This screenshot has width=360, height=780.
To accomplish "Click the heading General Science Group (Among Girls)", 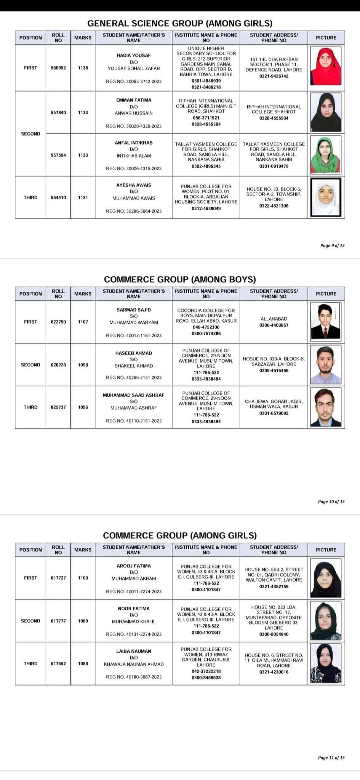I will [180, 23].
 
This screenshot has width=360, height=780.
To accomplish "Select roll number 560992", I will [58, 68].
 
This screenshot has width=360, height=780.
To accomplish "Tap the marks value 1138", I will [83, 68].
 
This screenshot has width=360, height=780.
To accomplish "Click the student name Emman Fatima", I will [134, 100].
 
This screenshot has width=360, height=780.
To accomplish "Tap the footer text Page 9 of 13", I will [332, 246].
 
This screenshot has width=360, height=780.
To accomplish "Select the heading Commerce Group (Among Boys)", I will [180, 279].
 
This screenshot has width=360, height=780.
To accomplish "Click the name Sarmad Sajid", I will [134, 310].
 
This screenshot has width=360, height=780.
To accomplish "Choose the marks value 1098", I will [83, 365].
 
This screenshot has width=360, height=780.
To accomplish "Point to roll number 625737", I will [58, 407].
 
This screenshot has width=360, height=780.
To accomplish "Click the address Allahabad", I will [274, 319].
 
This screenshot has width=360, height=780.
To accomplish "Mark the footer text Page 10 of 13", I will [331, 502].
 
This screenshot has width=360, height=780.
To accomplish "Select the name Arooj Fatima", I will [134, 566].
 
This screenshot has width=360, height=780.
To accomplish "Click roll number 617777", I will [58, 621].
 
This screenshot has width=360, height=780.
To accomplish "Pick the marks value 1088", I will [83, 663].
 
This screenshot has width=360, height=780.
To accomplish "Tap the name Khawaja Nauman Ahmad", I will [134, 664].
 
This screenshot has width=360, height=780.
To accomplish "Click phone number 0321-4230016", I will [274, 672].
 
